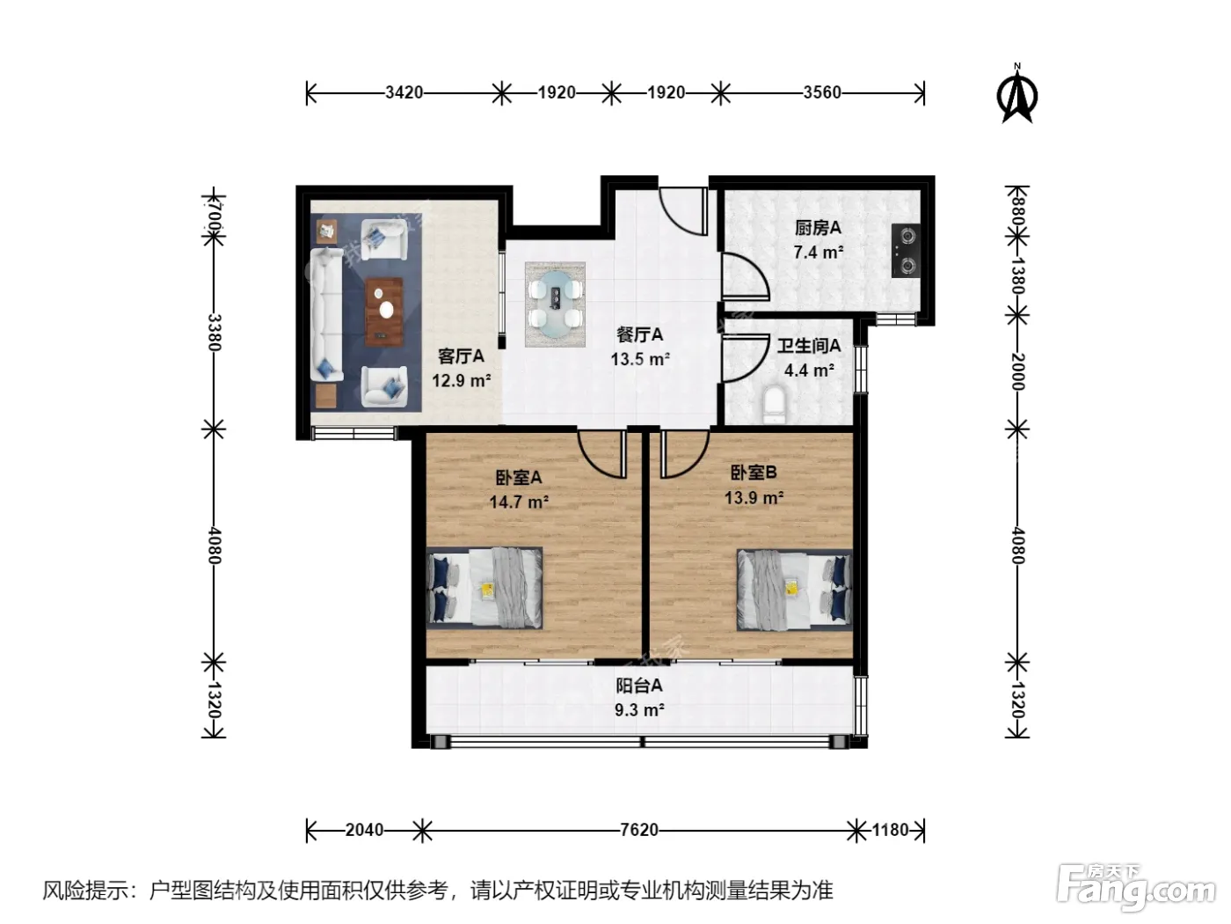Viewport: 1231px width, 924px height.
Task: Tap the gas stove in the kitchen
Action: [x=906, y=250]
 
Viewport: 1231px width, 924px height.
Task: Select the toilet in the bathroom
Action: [x=776, y=403]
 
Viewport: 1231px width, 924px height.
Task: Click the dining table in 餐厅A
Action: [x=555, y=304]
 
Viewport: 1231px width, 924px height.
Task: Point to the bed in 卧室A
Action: [x=484, y=587]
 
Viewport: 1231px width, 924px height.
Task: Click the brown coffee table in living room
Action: [x=384, y=311]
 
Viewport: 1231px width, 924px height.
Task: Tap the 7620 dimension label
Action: [x=638, y=831]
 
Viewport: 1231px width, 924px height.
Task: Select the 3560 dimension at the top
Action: [x=821, y=92]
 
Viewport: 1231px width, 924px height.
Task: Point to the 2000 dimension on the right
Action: [x=1017, y=371]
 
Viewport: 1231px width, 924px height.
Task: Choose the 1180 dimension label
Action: [x=890, y=831]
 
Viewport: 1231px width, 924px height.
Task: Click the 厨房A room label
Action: [x=818, y=228]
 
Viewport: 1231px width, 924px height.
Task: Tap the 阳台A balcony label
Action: [x=638, y=686]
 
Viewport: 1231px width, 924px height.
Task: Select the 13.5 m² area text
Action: [x=640, y=359]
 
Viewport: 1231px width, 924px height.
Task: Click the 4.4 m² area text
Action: [x=809, y=370]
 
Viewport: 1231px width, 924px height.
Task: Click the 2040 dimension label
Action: [x=364, y=831]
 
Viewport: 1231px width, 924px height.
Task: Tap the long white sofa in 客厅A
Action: [x=327, y=315]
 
